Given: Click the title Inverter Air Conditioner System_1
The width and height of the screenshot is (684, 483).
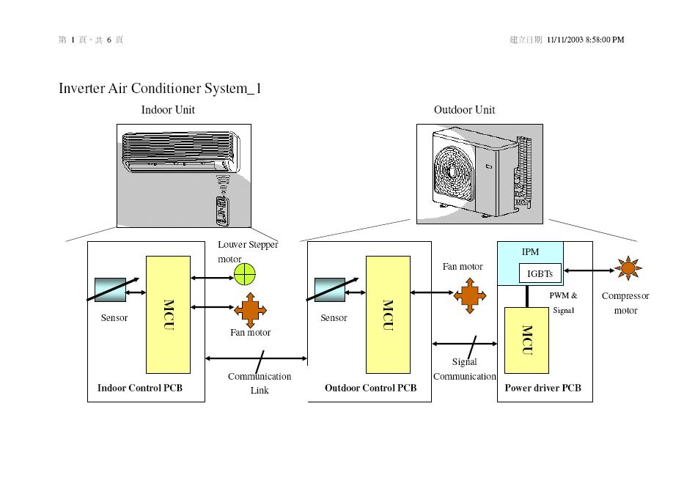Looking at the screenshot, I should pyautogui.click(x=160, y=89).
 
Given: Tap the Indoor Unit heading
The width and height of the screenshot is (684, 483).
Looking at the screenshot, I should pyautogui.click(x=168, y=110).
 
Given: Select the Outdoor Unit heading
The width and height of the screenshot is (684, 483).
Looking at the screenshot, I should pyautogui.click(x=464, y=110).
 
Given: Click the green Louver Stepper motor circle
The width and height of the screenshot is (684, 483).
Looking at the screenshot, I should pyautogui.click(x=245, y=274).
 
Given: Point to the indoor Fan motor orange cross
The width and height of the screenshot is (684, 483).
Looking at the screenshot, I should pyautogui.click(x=250, y=309).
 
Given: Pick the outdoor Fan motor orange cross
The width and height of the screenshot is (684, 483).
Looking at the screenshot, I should pyautogui.click(x=470, y=295).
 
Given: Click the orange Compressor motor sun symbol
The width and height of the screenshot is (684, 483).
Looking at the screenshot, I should pyautogui.click(x=628, y=269).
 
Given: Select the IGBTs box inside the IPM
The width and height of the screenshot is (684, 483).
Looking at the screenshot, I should pyautogui.click(x=540, y=273).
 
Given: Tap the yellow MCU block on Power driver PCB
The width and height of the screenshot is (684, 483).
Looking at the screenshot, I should pyautogui.click(x=526, y=340).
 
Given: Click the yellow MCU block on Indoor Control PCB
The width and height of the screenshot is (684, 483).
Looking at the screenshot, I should pyautogui.click(x=168, y=314).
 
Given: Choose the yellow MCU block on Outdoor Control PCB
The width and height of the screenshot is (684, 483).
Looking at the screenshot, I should pyautogui.click(x=388, y=314).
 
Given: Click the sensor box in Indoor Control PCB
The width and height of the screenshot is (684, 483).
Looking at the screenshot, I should pyautogui.click(x=109, y=290).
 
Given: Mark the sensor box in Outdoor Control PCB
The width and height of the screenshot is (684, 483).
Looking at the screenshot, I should pyautogui.click(x=329, y=290).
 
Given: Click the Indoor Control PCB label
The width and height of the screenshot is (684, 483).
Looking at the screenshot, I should pyautogui.click(x=140, y=388).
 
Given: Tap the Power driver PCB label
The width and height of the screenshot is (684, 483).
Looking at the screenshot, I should pyautogui.click(x=543, y=388).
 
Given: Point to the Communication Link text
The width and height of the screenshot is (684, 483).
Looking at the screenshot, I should pyautogui.click(x=260, y=383).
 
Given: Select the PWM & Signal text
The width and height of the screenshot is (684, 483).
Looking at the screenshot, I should pyautogui.click(x=563, y=303).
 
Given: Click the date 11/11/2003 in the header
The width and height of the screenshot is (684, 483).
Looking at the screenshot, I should pyautogui.click(x=565, y=40).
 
